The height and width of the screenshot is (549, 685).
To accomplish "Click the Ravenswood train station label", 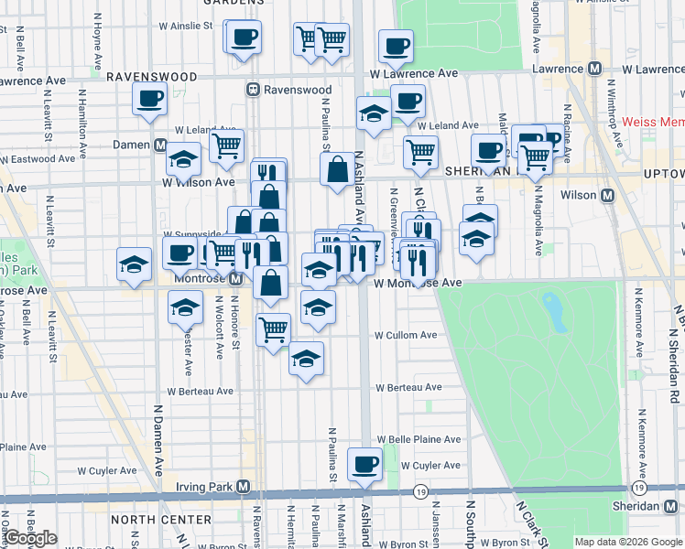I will click(x=283, y=90).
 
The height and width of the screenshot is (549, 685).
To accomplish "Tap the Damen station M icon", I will click(x=160, y=145).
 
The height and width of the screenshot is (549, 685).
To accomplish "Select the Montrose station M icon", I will click(x=235, y=278).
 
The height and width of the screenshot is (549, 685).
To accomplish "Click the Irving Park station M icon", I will click(x=244, y=486).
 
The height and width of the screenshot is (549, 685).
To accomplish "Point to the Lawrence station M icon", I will click(x=594, y=69).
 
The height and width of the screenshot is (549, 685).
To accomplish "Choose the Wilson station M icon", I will click(x=606, y=195).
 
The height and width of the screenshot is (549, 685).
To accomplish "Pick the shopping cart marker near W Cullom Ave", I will click(x=273, y=328).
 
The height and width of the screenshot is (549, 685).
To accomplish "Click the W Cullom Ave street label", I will click(x=406, y=335).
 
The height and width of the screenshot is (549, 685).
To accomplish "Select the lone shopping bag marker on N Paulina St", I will click(x=337, y=168).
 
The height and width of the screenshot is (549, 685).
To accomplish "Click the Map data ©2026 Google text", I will click(x=628, y=542).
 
